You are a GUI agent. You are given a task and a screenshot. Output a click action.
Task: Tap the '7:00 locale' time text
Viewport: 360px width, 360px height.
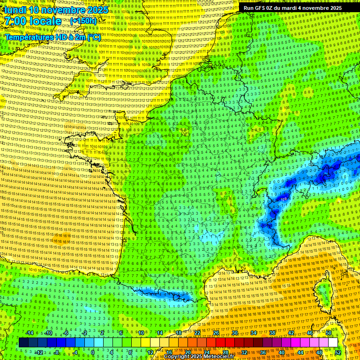click(32, 21)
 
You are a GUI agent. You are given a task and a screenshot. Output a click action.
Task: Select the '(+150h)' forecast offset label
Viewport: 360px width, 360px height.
click(83, 21)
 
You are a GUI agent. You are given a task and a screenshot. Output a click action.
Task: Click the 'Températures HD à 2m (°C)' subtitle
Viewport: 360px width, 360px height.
click(52, 37)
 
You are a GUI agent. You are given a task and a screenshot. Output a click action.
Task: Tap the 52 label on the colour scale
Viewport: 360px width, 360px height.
click(338, 352)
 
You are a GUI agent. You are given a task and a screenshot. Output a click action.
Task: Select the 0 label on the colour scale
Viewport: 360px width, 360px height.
click(93, 352)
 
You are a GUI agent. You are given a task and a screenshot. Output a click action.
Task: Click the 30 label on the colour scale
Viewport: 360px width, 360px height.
click(234, 333)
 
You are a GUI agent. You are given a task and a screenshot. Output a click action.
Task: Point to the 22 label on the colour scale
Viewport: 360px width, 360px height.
click(197, 333)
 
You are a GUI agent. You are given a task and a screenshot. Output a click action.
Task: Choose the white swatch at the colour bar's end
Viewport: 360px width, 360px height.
click(333, 343)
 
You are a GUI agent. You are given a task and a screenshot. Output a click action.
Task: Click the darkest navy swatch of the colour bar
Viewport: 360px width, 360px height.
click(23, 343)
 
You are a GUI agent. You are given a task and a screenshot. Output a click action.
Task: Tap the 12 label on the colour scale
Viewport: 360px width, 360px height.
click(150, 352)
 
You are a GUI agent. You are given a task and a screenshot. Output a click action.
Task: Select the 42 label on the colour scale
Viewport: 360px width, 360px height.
click(291, 333)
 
